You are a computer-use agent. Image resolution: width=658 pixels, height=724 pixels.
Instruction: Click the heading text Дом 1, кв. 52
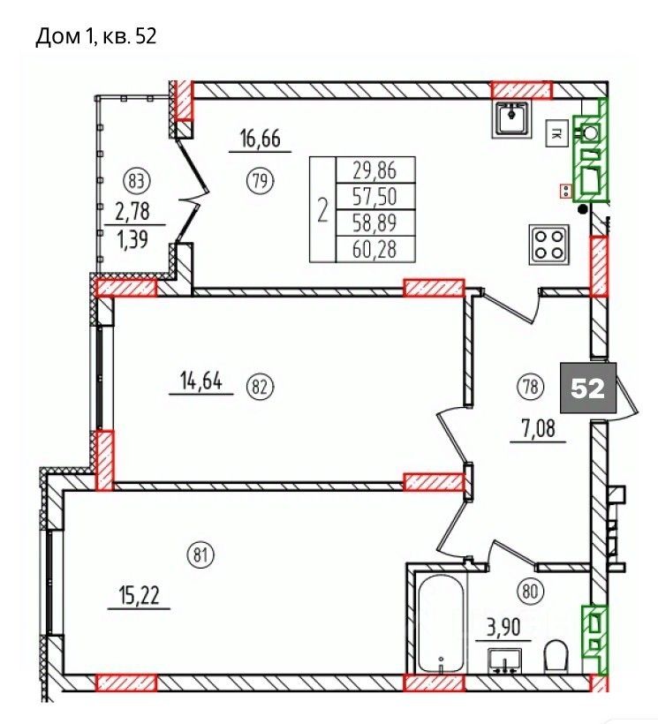tap(96, 36)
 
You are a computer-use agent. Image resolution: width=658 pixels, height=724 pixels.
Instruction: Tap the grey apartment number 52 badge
tap(588, 388)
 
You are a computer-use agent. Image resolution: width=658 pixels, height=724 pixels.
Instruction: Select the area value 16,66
tap(261, 138)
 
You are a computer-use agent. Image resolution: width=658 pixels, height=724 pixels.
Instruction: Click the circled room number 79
tap(261, 180)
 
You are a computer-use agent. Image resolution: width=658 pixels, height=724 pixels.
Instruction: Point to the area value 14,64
tap(201, 381)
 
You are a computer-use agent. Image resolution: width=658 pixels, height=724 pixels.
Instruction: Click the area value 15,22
tap(139, 596)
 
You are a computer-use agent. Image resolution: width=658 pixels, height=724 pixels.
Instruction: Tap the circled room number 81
tap(200, 554)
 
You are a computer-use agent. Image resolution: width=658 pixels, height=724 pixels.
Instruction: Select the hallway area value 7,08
tap(538, 429)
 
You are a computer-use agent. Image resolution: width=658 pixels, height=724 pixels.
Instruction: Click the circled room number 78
tap(531, 387)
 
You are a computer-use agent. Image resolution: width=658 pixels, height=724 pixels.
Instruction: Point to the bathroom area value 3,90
tap(503, 628)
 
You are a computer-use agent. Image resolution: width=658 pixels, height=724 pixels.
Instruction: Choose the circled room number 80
tap(531, 591)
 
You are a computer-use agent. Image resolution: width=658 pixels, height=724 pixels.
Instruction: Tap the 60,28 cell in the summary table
tap(375, 250)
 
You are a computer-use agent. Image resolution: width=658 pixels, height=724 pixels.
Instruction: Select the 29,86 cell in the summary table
tap(375, 170)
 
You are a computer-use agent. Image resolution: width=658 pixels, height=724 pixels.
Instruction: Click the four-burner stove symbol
tap(549, 245)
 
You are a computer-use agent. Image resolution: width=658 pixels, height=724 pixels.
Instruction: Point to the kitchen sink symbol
tap(511, 119)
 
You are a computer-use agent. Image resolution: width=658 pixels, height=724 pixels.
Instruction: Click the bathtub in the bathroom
tap(441, 622)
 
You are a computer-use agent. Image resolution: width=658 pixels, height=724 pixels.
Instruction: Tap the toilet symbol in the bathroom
tap(557, 656)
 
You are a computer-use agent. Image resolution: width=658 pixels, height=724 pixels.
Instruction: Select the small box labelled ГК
tap(557, 134)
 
